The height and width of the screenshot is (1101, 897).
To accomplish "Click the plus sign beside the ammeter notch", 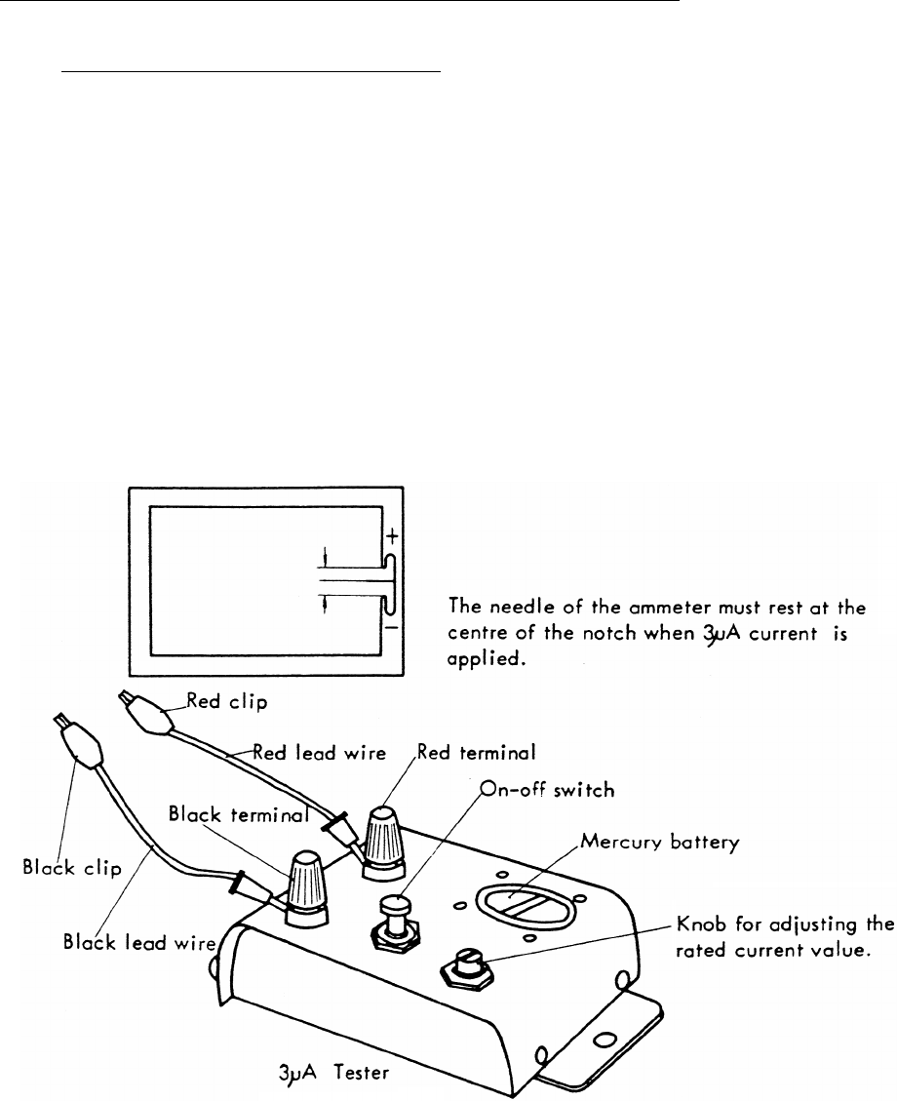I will tap(391, 537).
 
